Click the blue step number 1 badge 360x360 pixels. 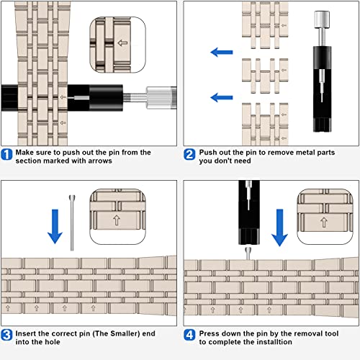pos(6,154)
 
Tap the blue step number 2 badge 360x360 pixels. pos(189,154)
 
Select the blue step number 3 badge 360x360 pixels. pos(6,335)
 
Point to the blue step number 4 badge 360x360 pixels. pos(189,335)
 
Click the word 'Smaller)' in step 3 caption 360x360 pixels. pos(125,333)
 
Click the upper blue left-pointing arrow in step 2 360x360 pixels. pos(222,52)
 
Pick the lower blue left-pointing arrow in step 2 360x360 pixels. pos(222,97)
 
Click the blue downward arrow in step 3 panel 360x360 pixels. pos(55,226)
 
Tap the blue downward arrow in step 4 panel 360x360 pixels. pos(279,228)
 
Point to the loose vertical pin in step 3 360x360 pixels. pos(72,223)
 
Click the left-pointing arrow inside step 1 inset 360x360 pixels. pos(122,43)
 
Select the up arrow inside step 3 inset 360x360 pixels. pos(117,220)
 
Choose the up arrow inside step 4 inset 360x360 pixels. pos(324,222)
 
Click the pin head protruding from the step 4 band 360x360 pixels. pos(248,253)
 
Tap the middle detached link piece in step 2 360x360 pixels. pos(265,76)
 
